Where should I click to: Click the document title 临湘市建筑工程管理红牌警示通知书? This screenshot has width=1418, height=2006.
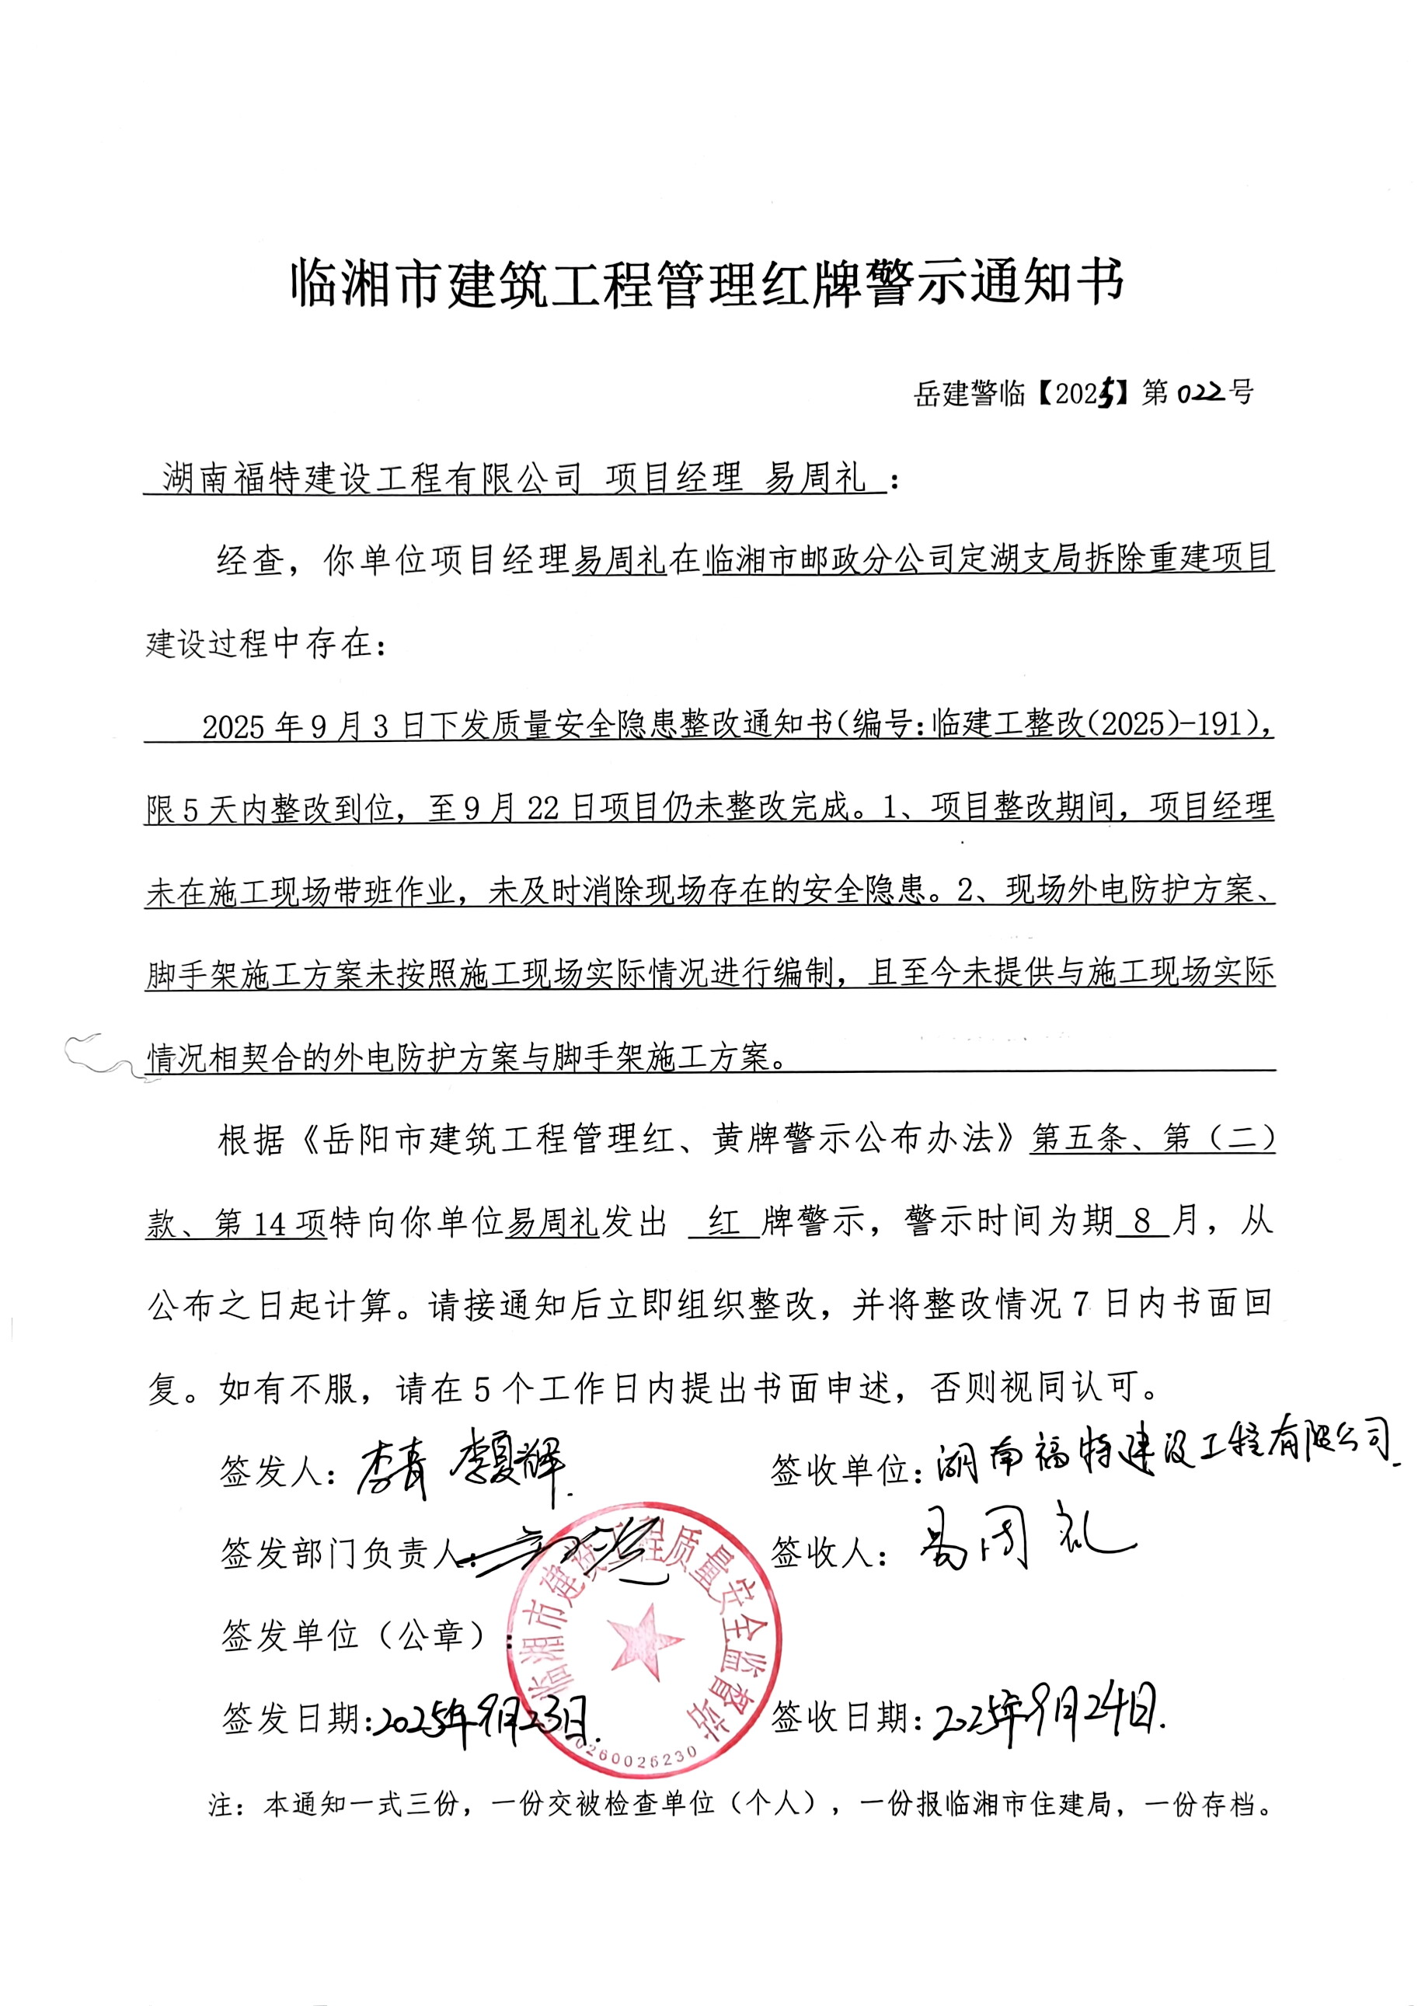(x=708, y=283)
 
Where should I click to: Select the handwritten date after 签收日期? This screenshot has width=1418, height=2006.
(x=1048, y=1719)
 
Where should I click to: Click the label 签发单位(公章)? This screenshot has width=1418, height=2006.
(x=354, y=1635)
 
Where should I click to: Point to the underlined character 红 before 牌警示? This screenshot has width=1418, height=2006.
(x=723, y=1222)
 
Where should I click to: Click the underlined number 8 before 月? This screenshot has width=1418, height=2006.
(x=1142, y=1222)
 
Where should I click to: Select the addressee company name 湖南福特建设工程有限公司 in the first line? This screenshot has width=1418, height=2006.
(x=372, y=479)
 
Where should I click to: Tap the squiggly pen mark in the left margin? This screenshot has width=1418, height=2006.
(x=105, y=1057)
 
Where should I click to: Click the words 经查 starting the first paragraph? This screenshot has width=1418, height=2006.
(x=251, y=560)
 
